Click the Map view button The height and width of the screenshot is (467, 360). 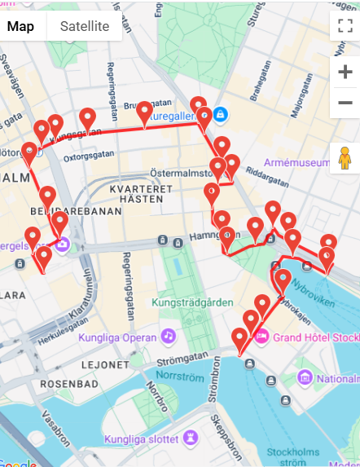click(x=21, y=26)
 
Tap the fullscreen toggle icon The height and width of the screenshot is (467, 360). click(x=345, y=25)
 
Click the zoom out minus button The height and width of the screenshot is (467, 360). click(x=345, y=104)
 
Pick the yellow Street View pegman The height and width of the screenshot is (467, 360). click(x=345, y=157)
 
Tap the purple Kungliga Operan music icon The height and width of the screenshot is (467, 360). click(x=168, y=336)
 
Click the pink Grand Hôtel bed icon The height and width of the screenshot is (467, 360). click(x=262, y=336)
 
